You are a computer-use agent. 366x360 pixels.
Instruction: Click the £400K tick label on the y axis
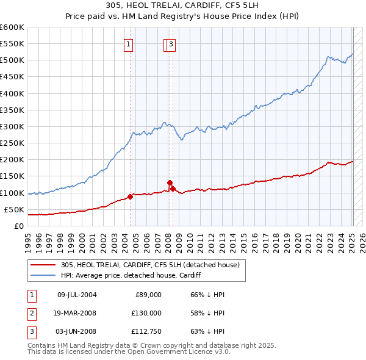[12, 93]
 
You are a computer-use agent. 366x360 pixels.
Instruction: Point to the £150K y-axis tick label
[12, 176]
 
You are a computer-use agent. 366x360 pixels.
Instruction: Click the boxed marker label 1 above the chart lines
[129, 43]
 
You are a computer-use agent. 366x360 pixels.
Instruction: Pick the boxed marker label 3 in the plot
[171, 43]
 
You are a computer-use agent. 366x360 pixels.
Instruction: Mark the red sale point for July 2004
[130, 196]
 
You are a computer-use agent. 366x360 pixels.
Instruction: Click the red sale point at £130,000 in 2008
[170, 182]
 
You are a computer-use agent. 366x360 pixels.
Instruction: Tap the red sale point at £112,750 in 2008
[173, 189]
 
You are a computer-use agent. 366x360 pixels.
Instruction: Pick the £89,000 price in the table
[148, 295]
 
